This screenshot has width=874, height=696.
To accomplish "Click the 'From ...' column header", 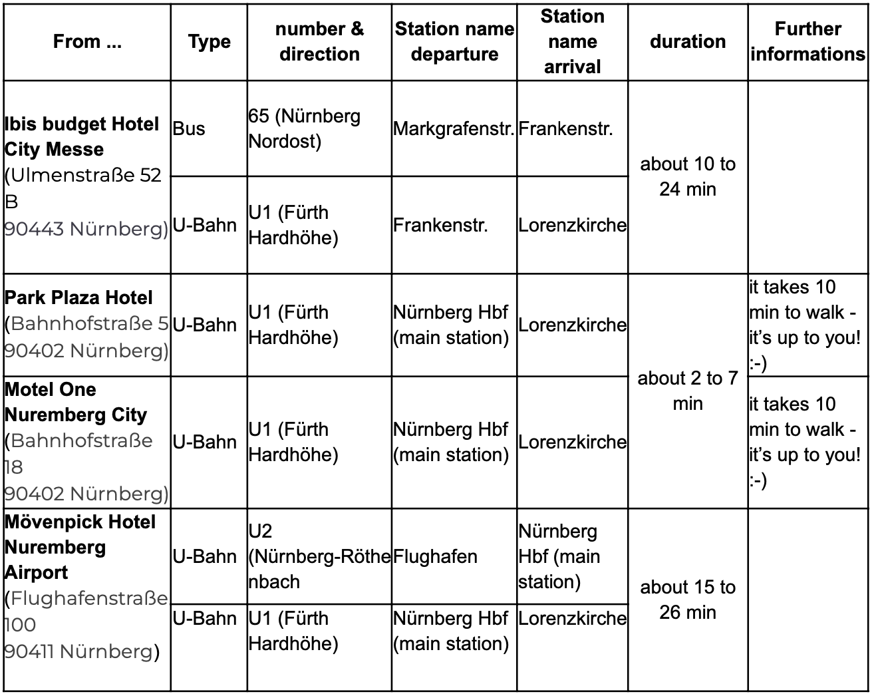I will click(x=87, y=42).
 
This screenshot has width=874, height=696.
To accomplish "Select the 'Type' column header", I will click(x=209, y=42).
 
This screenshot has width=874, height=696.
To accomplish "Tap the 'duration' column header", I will click(x=687, y=42).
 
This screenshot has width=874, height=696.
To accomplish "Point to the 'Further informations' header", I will click(x=807, y=41).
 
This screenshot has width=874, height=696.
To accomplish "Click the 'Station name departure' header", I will click(x=454, y=41).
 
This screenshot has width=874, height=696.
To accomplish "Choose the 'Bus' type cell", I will click(x=190, y=128).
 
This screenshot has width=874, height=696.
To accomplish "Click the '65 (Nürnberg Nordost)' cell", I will click(x=305, y=128).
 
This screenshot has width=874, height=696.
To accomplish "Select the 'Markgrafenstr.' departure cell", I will click(x=454, y=128).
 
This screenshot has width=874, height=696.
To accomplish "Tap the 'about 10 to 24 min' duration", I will click(x=687, y=177).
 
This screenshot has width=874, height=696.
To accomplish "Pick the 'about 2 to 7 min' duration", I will click(x=687, y=391).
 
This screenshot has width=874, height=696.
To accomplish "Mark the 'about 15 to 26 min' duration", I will click(x=687, y=600).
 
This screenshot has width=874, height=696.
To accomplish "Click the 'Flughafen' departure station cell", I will click(x=435, y=556).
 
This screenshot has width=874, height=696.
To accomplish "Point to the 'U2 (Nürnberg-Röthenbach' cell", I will click(x=319, y=556).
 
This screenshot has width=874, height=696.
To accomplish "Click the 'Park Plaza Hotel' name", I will click(x=78, y=297).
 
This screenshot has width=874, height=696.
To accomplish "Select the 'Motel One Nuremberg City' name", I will click(x=75, y=402).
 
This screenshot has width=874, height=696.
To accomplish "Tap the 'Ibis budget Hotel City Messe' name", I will click(x=81, y=136).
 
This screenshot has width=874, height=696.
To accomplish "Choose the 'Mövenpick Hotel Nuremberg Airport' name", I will click(x=80, y=547).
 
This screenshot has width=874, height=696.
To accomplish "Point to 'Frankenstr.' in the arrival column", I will click(x=565, y=128).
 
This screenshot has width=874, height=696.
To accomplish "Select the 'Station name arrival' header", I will click(x=572, y=41).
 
